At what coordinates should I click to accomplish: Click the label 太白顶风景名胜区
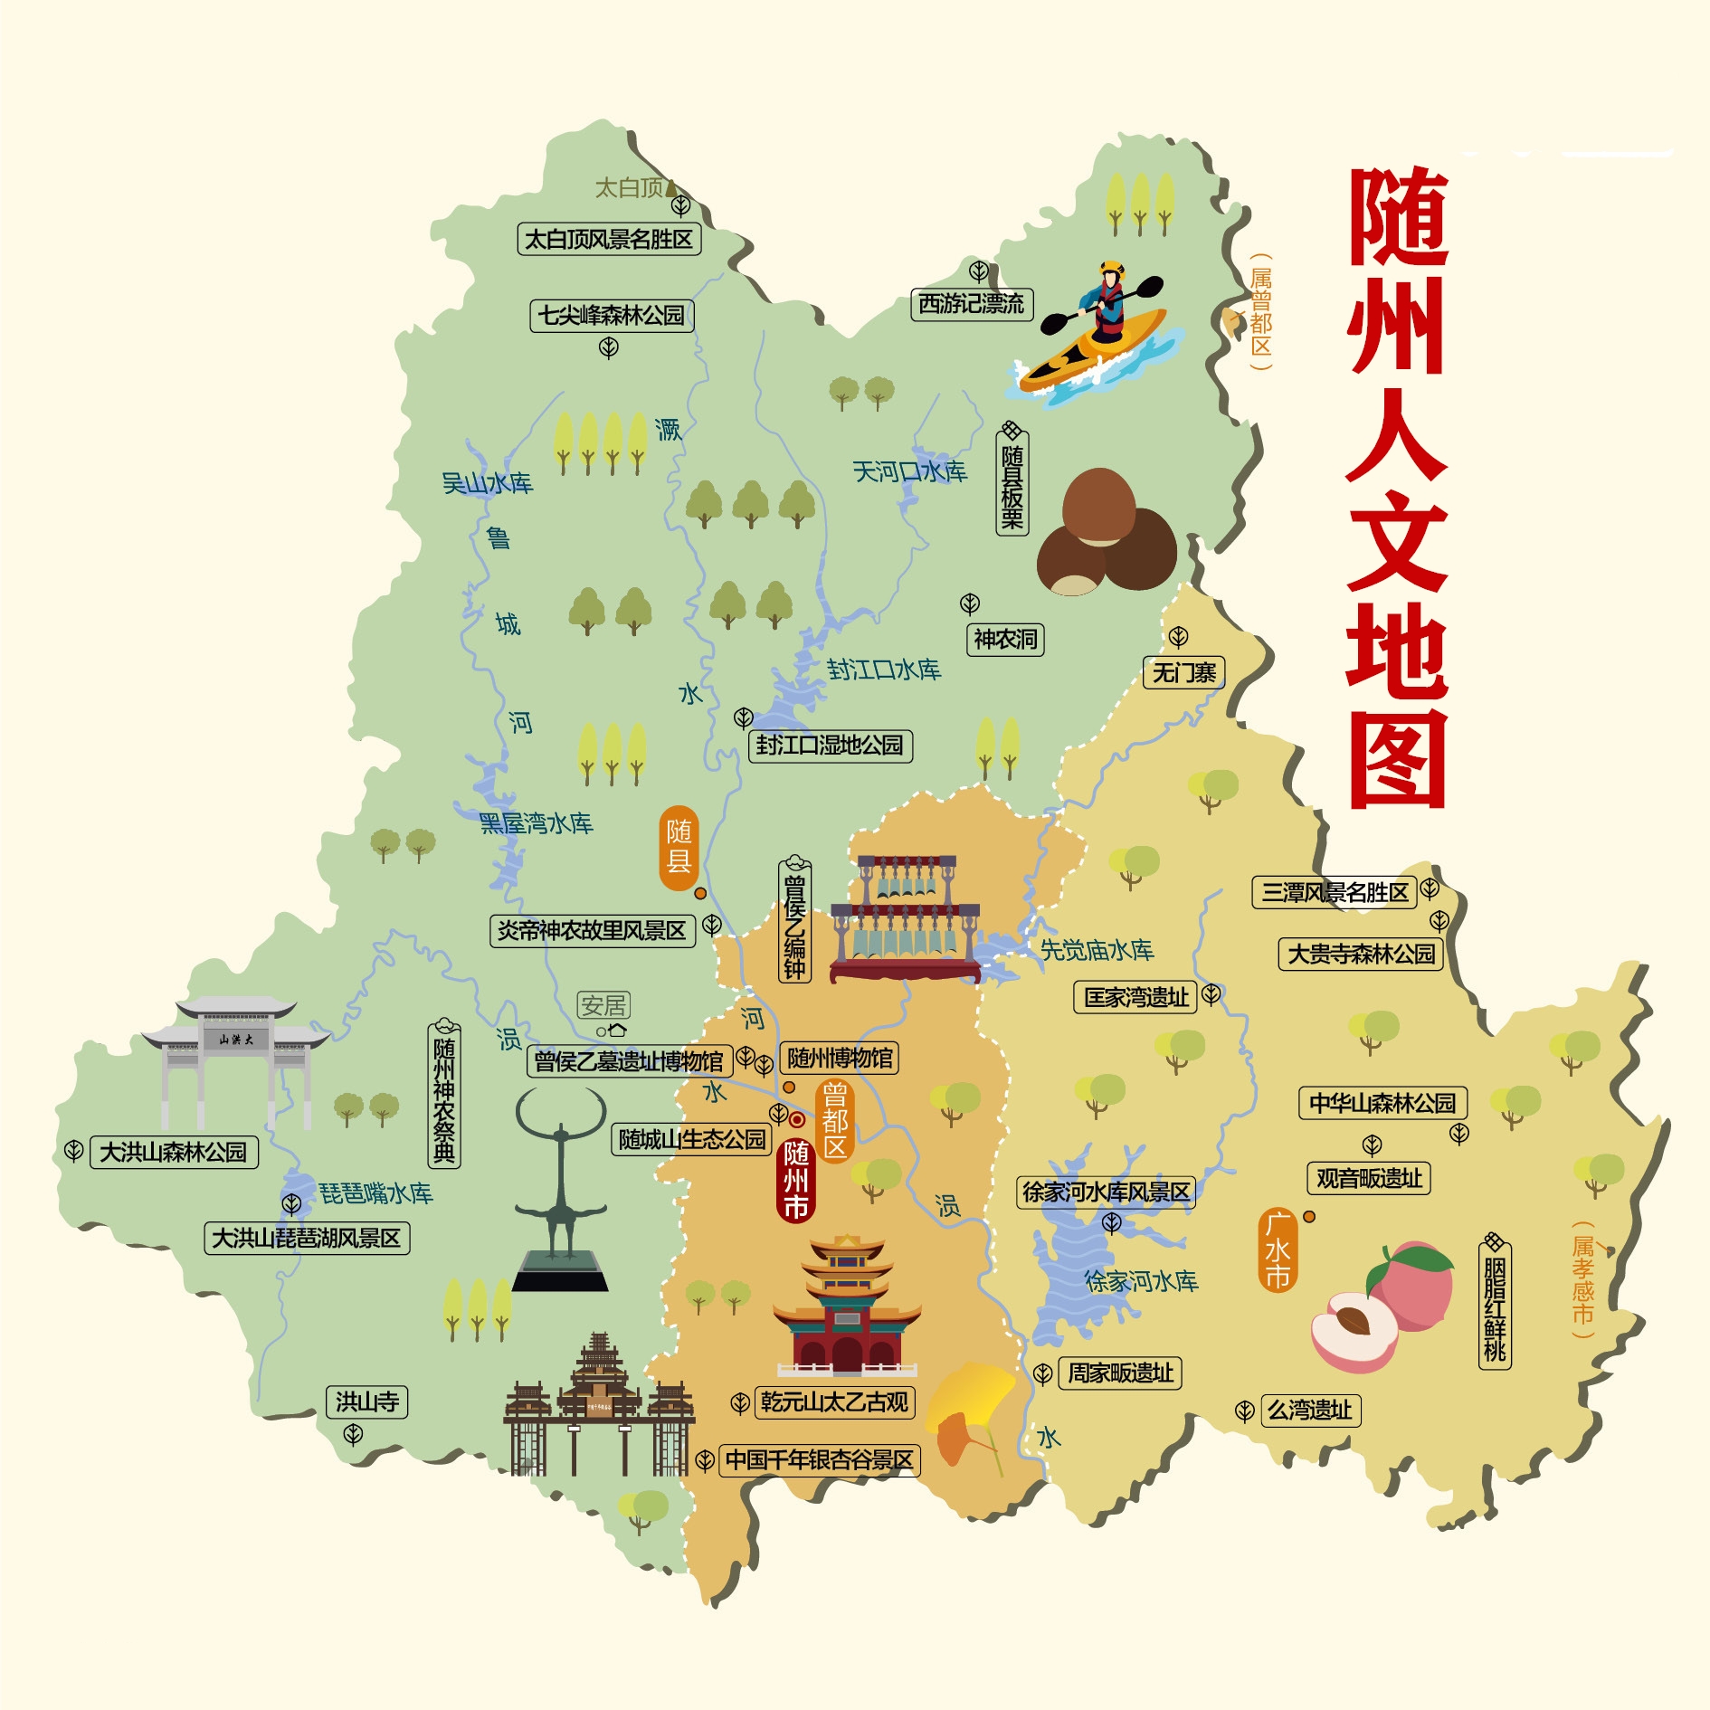click(x=609, y=240)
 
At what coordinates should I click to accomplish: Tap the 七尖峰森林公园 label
click(x=612, y=316)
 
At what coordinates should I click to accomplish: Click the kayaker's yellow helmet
click(x=1111, y=269)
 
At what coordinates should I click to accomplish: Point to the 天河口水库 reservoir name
click(x=909, y=471)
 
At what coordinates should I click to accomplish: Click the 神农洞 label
click(x=1005, y=640)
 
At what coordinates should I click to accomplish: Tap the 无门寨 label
click(x=1183, y=673)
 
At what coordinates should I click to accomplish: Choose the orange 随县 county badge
click(x=679, y=848)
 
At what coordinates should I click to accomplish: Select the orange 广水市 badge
click(x=1278, y=1250)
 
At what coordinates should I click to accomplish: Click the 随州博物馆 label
click(x=840, y=1058)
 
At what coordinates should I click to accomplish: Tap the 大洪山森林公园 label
click(x=174, y=1153)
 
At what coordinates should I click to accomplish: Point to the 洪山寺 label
click(x=366, y=1402)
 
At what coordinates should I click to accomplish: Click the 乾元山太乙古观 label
click(x=834, y=1402)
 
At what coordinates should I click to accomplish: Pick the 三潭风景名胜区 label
click(x=1335, y=893)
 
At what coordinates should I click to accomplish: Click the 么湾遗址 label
click(x=1310, y=1411)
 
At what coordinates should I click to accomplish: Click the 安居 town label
click(x=603, y=1005)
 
